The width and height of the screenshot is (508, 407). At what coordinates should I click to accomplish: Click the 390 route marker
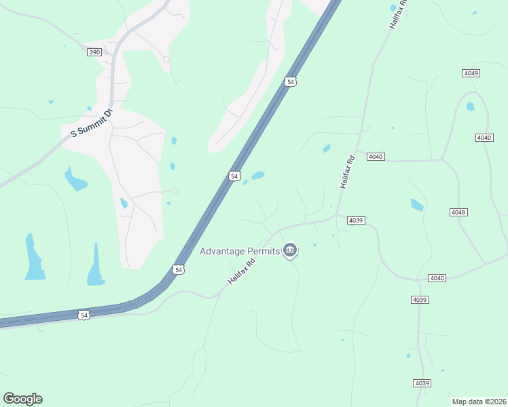click(94, 52)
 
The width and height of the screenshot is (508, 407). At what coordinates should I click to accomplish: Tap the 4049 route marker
click(471, 73)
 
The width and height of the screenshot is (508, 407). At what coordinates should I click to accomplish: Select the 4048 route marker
click(458, 212)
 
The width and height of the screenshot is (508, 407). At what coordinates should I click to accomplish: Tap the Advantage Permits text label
click(240, 251)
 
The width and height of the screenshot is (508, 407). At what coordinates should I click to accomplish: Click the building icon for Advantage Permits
click(290, 251)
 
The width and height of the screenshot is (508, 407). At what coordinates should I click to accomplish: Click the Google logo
click(22, 399)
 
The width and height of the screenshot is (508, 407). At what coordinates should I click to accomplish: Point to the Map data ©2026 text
click(479, 402)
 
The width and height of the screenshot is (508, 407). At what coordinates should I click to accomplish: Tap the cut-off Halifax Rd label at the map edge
click(398, 14)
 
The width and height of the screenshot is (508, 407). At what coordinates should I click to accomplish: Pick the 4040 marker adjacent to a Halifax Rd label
click(376, 157)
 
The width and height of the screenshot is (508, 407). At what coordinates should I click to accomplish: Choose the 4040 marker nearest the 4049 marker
click(484, 138)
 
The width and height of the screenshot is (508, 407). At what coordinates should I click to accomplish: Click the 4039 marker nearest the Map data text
click(422, 383)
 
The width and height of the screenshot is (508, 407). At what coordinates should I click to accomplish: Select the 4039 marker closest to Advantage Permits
click(356, 220)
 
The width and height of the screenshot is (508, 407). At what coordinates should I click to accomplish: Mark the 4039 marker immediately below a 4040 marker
click(420, 299)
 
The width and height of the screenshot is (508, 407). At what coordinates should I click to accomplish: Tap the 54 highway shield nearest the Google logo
click(84, 315)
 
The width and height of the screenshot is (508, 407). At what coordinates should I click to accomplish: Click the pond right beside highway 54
click(257, 176)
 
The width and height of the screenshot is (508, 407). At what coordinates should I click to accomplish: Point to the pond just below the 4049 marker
click(470, 106)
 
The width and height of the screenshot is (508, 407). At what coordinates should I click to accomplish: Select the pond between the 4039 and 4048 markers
click(416, 204)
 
